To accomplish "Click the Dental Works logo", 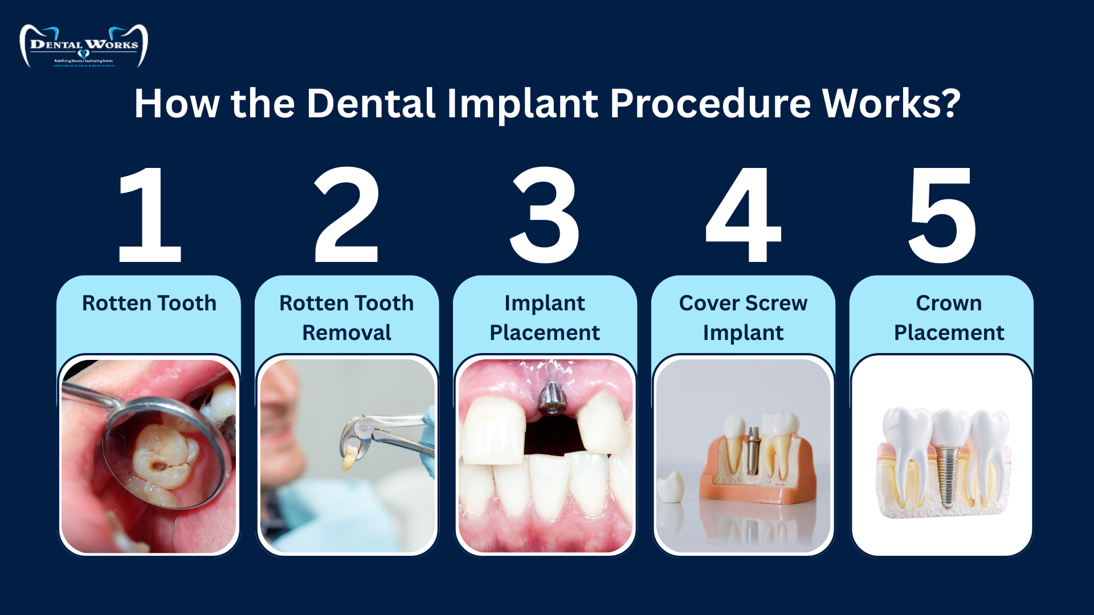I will pyautogui.click(x=84, y=46).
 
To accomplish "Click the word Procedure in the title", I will pyautogui.click(x=710, y=104).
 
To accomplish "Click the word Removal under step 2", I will pyautogui.click(x=346, y=333).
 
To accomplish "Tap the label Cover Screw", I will pyautogui.click(x=743, y=303).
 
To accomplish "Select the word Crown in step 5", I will pyautogui.click(x=949, y=303).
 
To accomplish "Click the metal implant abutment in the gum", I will pyautogui.click(x=550, y=398).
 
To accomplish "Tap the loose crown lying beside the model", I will pyautogui.click(x=670, y=486).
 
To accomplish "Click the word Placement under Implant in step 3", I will pyautogui.click(x=544, y=333).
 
